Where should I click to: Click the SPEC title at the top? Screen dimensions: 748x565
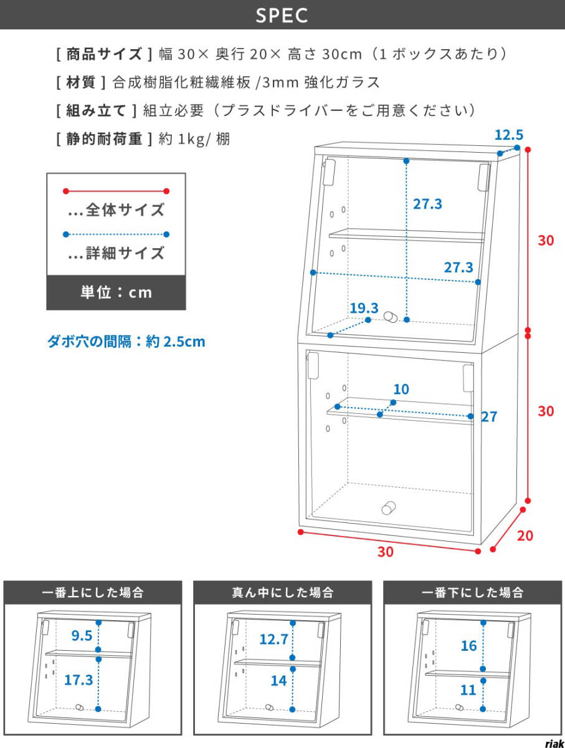282,15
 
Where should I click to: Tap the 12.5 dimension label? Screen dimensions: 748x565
508,134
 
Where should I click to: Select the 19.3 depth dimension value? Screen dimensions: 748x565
364,308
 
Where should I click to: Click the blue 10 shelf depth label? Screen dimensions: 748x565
401,390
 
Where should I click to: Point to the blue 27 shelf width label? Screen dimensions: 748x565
489,417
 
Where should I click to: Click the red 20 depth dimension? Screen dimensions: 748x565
525,535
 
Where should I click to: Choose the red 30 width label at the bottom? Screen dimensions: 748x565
386,552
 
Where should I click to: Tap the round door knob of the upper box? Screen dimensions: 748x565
391,317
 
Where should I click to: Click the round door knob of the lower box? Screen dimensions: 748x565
387,507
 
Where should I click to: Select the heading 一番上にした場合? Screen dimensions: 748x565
93,592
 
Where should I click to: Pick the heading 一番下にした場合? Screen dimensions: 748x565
472,592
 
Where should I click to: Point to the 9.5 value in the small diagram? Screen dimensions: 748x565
82,636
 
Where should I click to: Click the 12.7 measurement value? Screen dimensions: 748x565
274,639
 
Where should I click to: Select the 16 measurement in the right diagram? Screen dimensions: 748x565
468,646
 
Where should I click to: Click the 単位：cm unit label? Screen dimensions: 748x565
116,292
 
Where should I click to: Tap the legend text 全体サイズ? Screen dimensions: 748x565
125,210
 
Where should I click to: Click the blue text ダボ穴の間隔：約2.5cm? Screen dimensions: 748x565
126,342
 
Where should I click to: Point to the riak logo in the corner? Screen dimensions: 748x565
553,743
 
